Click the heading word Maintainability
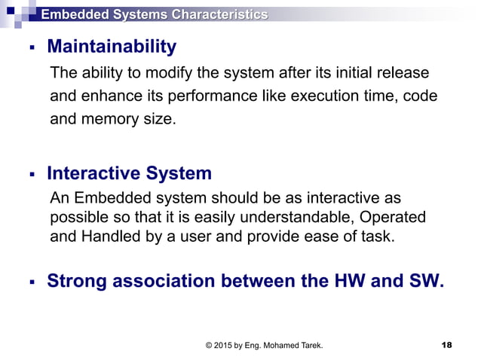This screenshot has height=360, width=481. point(112,47)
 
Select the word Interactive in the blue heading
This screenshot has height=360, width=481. point(93,174)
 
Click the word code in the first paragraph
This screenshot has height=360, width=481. point(421,96)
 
